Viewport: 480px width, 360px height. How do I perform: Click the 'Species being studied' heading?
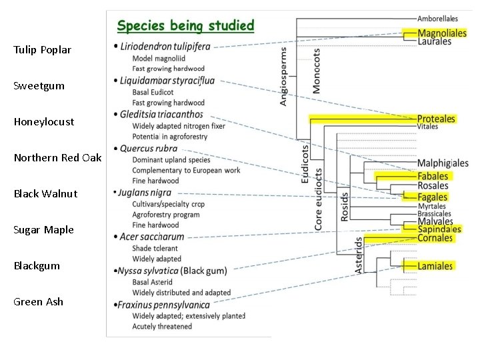185,27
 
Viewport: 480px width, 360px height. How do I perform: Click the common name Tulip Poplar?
42,50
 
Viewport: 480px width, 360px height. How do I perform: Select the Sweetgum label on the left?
39,86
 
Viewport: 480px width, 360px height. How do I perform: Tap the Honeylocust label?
44,122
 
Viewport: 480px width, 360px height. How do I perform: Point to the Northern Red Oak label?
58,158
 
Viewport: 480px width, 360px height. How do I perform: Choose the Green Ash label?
39,302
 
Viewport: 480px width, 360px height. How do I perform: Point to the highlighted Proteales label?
436,119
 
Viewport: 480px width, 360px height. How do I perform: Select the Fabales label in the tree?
433,176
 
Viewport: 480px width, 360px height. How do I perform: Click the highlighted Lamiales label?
435,266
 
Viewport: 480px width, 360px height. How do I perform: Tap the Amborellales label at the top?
438,19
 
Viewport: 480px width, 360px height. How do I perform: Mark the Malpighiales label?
443,163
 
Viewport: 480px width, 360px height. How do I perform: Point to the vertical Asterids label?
359,255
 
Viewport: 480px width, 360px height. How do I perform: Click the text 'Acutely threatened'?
162,327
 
